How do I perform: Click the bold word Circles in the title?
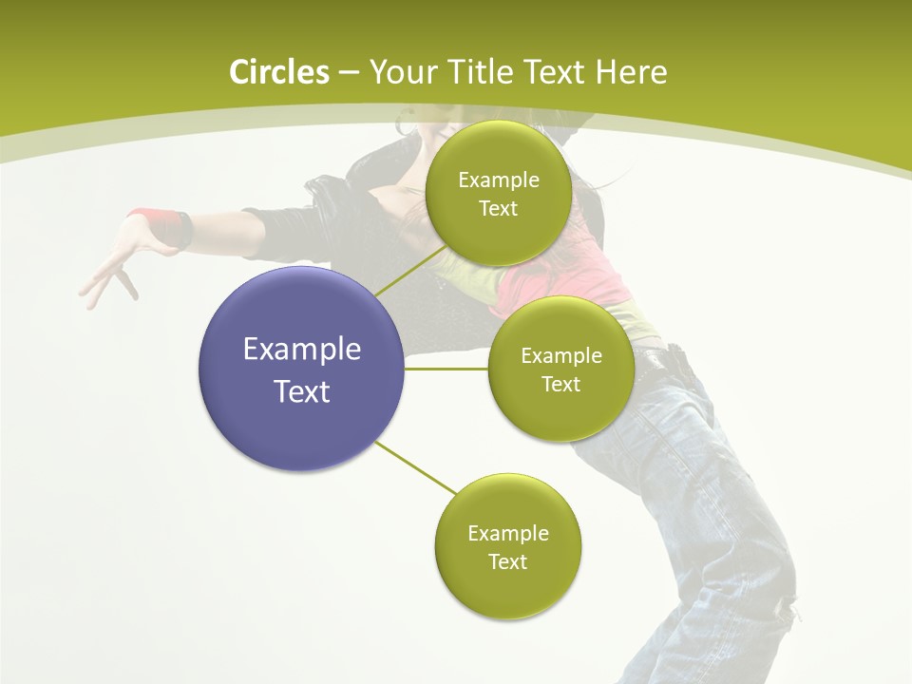(278, 72)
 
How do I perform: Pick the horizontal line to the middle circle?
(446, 369)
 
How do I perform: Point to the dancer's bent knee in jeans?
(760, 570)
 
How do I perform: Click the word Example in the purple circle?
(301, 350)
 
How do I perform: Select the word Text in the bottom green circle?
(507, 561)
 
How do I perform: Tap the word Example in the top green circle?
(498, 180)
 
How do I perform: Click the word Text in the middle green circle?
(560, 384)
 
